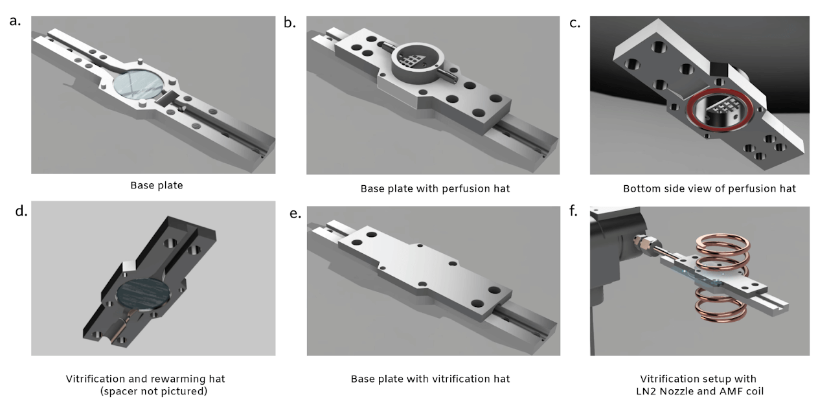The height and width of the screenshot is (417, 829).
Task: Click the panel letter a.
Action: click(x=15, y=21)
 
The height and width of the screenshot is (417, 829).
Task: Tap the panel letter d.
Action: click(x=21, y=211)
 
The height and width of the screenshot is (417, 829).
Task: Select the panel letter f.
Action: click(x=573, y=211)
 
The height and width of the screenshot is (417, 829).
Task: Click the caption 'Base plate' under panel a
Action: click(x=157, y=185)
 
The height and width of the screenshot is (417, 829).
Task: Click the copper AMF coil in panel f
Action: click(x=722, y=278)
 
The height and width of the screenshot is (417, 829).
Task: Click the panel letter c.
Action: click(x=574, y=23)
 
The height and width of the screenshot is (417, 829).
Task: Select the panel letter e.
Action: click(x=295, y=214)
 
